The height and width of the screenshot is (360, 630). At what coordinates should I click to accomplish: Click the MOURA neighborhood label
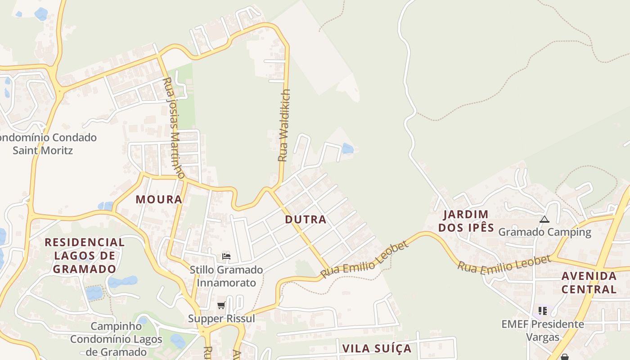[159, 199]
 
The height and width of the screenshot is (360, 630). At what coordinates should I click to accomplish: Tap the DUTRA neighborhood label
[306, 220]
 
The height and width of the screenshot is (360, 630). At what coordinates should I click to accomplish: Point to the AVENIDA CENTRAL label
[589, 282]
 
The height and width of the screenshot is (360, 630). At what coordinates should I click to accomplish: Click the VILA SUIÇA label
[377, 348]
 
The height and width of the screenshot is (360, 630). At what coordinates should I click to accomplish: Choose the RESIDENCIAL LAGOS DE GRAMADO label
[85, 256]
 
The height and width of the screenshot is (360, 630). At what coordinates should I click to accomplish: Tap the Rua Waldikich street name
[283, 125]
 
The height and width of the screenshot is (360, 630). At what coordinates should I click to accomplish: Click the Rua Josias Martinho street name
[173, 127]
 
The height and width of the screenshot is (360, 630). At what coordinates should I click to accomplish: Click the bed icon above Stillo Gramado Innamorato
[226, 256]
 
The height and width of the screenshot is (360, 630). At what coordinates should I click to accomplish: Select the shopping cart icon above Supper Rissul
[221, 306]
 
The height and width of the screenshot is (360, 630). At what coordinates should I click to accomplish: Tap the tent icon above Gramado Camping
[544, 220]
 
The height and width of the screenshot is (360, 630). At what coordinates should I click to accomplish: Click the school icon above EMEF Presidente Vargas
[543, 310]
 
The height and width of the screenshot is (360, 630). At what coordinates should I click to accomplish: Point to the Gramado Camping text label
[544, 232]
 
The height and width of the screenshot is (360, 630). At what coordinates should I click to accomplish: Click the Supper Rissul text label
[221, 319]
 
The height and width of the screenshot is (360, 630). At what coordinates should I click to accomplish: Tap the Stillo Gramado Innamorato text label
[226, 276]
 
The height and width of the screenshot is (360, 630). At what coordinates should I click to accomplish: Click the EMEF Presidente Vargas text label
[543, 330]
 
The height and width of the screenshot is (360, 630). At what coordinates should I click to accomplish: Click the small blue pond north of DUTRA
[347, 148]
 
